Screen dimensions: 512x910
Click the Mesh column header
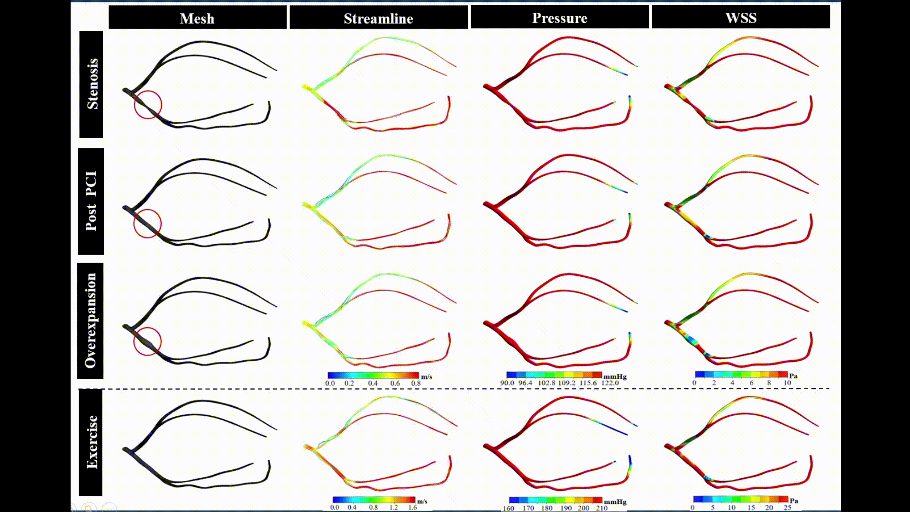click(x=197, y=18)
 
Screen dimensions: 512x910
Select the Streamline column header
click(x=378, y=18)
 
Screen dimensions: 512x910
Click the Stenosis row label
click(x=91, y=84)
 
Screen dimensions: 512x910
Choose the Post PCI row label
click(x=91, y=201)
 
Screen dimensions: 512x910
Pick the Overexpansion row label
click(x=90, y=320)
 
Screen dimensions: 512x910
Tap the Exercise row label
click(x=91, y=442)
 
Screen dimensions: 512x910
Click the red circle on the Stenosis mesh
click(x=148, y=104)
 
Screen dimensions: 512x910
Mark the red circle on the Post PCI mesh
click(x=147, y=223)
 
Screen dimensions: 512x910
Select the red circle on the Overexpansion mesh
click(x=147, y=341)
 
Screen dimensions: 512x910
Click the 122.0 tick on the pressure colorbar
click(x=610, y=383)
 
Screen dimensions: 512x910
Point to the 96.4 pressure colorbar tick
click(x=525, y=383)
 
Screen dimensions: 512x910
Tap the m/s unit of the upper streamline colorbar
click(x=427, y=377)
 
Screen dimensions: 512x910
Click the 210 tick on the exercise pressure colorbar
click(x=601, y=508)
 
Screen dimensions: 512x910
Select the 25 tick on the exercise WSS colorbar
click(x=787, y=508)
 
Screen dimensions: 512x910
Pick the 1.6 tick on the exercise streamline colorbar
click(x=412, y=507)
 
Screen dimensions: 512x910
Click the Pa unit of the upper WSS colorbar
click(x=793, y=376)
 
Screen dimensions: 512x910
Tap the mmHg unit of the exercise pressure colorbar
click(x=615, y=502)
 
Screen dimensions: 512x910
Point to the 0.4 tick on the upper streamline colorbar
click(x=373, y=383)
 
